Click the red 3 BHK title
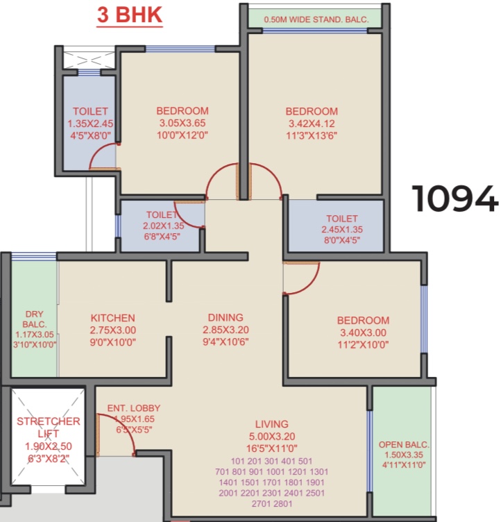(130, 15)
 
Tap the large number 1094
(455, 199)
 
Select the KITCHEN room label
(113, 318)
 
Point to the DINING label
(226, 317)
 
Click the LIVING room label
(271, 424)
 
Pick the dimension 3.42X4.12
(312, 124)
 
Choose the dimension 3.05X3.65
(182, 123)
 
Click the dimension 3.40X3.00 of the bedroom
(363, 332)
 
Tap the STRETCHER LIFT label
(49, 428)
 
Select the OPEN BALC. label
(404, 445)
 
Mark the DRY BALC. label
(34, 319)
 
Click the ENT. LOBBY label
(134, 408)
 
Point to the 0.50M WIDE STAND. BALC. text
(316, 19)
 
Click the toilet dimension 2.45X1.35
(342, 229)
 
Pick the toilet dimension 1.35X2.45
(90, 124)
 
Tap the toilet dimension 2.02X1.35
(164, 226)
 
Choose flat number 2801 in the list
(282, 504)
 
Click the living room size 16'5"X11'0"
(271, 448)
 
